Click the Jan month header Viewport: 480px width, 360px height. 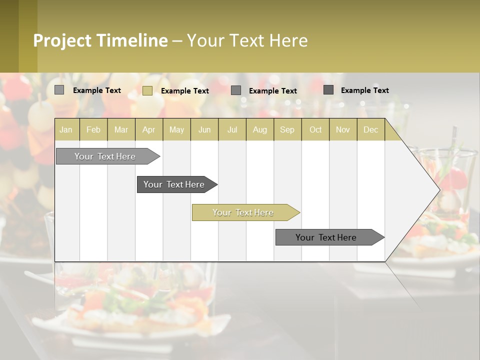point(66,129)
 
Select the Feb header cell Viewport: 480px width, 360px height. point(93,129)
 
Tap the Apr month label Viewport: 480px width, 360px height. point(148,129)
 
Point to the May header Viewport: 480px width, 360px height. point(176,129)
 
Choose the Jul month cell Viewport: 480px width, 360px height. point(232,129)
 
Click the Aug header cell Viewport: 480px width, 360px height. point(259,129)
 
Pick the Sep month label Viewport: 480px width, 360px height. point(287,129)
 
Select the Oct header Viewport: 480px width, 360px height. point(315,129)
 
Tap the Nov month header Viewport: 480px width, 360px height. point(342,129)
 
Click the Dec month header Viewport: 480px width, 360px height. point(370,129)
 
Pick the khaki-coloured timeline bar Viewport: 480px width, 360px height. point(243,212)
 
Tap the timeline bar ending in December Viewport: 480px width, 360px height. point(326,237)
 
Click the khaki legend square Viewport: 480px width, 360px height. point(147,90)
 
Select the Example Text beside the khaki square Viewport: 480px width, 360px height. point(185,91)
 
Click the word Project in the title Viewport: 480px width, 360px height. point(62,40)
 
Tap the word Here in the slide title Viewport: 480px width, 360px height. point(288,40)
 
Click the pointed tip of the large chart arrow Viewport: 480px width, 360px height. point(438,189)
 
